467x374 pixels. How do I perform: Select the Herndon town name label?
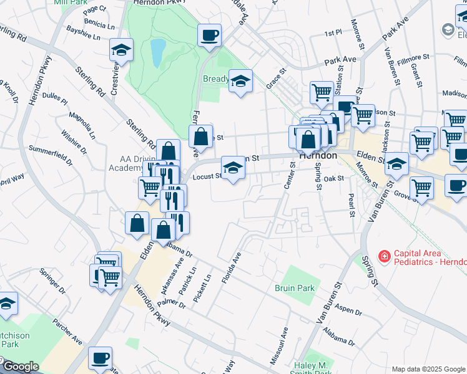pos(318,156)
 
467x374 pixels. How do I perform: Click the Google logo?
pos(20,367)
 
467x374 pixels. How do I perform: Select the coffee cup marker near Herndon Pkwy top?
pos(210,35)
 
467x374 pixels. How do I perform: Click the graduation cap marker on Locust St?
pos(233,168)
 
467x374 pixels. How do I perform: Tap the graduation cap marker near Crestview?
pos(122,50)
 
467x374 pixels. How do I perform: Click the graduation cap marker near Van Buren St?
pos(396,165)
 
